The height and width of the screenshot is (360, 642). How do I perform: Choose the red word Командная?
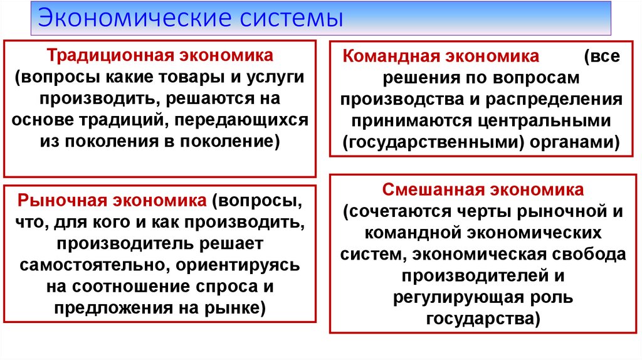tap(389, 56)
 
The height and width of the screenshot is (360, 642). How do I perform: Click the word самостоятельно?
tap(90, 264)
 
